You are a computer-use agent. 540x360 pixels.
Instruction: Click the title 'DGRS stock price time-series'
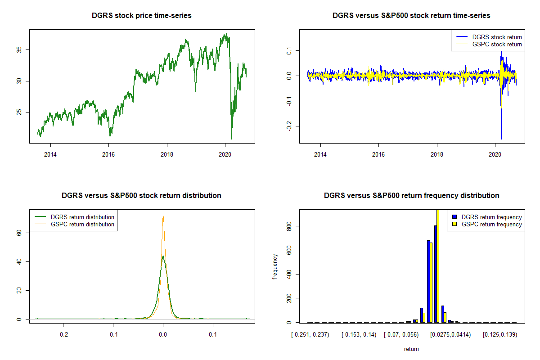(x=142, y=15)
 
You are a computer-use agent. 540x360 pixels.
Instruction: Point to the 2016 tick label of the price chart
(x=108, y=154)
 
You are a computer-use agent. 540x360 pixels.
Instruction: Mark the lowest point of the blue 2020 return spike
(x=501, y=138)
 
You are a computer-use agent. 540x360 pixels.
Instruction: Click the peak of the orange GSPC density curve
(x=163, y=216)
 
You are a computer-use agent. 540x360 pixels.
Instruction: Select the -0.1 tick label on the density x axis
(x=113, y=334)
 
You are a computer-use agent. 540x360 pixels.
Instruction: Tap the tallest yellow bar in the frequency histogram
(x=438, y=265)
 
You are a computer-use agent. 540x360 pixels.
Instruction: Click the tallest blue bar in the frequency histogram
(x=435, y=274)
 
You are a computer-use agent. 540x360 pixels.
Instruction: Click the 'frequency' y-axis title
(x=275, y=266)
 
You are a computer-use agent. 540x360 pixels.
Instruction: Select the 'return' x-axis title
(x=411, y=349)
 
